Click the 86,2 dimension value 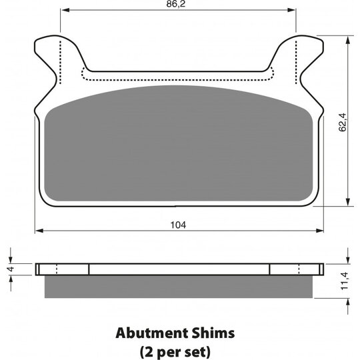click(175, 4)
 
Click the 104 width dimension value click(178, 225)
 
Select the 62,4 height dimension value click(343, 123)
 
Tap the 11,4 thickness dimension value click(345, 281)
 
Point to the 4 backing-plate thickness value click(11, 268)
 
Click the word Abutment click(151, 333)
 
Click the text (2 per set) click(175, 351)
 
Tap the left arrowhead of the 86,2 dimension click(65, 10)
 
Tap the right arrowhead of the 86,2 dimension click(291, 10)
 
